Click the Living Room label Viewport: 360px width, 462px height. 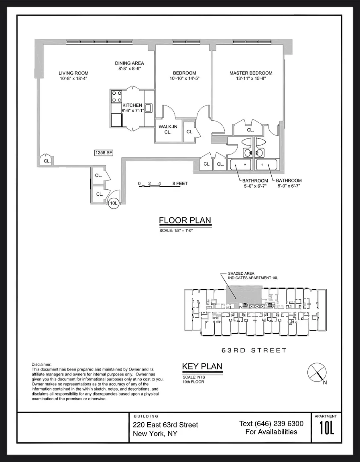73,73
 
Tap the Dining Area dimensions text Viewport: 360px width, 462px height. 130,68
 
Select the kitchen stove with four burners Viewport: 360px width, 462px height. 117,97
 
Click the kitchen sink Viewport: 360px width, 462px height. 148,108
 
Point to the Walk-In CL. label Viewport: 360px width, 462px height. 168,130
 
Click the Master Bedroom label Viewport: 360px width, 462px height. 251,73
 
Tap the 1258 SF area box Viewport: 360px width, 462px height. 104,153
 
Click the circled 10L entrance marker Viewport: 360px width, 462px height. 114,203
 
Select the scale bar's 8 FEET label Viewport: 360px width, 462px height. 180,183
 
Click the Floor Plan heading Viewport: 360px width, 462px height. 185,221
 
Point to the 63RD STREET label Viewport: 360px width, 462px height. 254,351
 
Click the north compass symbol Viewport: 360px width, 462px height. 317,373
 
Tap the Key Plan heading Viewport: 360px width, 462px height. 202,367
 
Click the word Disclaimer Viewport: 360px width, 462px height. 41,365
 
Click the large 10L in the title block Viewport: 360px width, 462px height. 327,428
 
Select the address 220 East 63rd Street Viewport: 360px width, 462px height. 165,425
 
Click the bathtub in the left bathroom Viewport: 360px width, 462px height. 240,164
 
